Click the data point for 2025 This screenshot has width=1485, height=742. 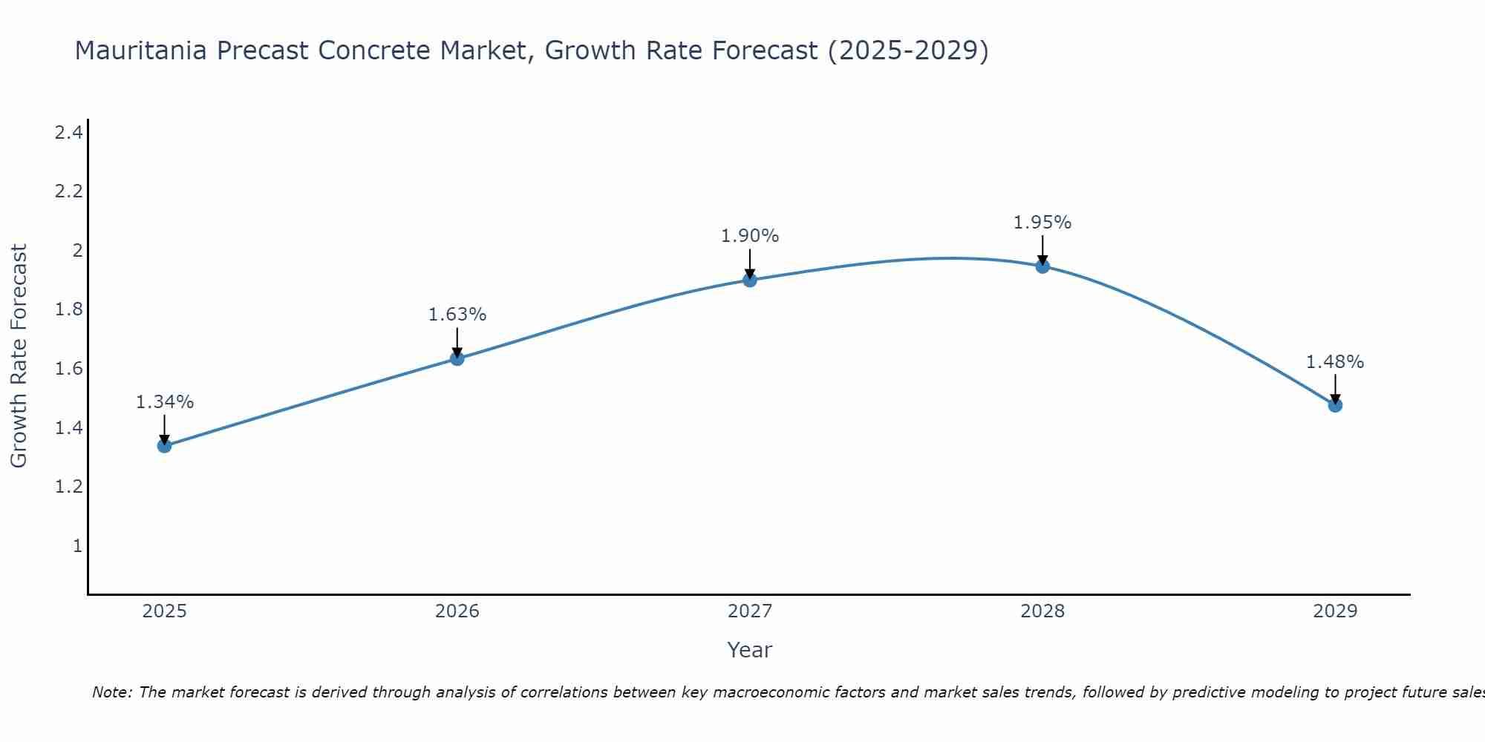pos(164,446)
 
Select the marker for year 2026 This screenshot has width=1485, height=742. pos(457,359)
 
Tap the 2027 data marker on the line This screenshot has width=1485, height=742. pos(750,280)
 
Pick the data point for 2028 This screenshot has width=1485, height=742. pos(1042,266)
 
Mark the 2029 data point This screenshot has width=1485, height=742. pos(1335,405)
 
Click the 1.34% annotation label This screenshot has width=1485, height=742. pos(165,402)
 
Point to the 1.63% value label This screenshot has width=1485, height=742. pos(457,315)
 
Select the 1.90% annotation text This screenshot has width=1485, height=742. pos(750,236)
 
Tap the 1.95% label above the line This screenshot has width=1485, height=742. pos(1042,223)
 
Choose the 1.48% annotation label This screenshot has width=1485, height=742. pos(1335,362)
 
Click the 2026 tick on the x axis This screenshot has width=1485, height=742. pos(457,611)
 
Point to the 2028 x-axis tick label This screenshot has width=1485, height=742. pos(1042,611)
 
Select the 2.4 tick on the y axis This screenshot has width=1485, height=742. pos(68,133)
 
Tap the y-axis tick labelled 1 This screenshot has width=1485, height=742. pos(77,546)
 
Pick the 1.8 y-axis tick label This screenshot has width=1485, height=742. pos(68,309)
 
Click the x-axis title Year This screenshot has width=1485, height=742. pos(750,650)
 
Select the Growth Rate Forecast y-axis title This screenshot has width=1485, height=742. pos(19,356)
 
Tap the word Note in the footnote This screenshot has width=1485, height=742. pos(111,692)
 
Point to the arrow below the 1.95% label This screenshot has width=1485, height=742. pos(1042,250)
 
